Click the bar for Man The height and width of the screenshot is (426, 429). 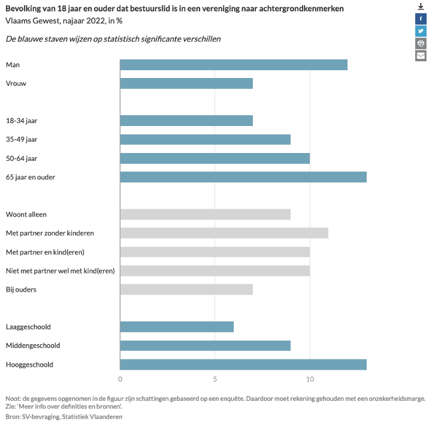234,65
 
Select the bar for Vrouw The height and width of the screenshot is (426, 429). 186,83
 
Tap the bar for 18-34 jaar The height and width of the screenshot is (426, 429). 186,121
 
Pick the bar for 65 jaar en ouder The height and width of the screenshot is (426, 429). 243,177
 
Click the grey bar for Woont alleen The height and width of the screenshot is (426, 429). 205,214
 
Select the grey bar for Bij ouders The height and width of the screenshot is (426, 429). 186,289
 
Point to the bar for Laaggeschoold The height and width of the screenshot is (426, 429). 177,327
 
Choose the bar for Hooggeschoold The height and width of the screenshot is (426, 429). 243,364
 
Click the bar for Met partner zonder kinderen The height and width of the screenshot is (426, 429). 224,233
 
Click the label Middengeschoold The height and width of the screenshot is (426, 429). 33,346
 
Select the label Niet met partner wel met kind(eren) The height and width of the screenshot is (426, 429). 60,271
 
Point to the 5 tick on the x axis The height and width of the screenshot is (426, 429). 215,379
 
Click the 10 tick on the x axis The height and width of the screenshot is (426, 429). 310,379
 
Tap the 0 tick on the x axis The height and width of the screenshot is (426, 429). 120,379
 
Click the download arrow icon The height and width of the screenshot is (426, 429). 421,6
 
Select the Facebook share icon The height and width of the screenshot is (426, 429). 421,19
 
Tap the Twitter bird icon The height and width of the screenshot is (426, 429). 421,31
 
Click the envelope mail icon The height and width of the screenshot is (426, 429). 421,56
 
